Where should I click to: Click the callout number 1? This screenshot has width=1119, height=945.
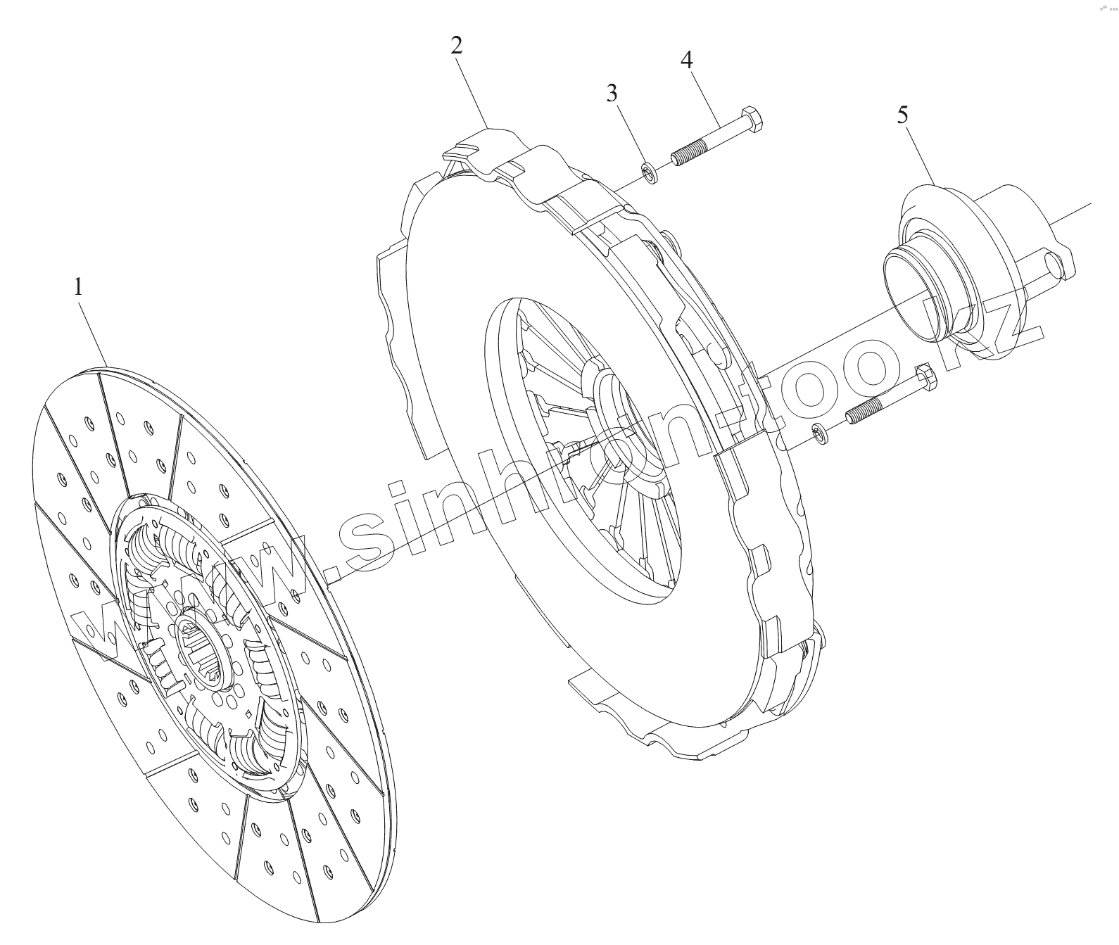79,288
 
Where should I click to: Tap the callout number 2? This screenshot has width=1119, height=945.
456,46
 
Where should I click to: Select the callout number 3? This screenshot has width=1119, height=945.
612,92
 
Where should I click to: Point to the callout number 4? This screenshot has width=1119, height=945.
686,61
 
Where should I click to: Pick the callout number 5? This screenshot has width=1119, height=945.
903,115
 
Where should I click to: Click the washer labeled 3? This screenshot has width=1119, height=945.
650,172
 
